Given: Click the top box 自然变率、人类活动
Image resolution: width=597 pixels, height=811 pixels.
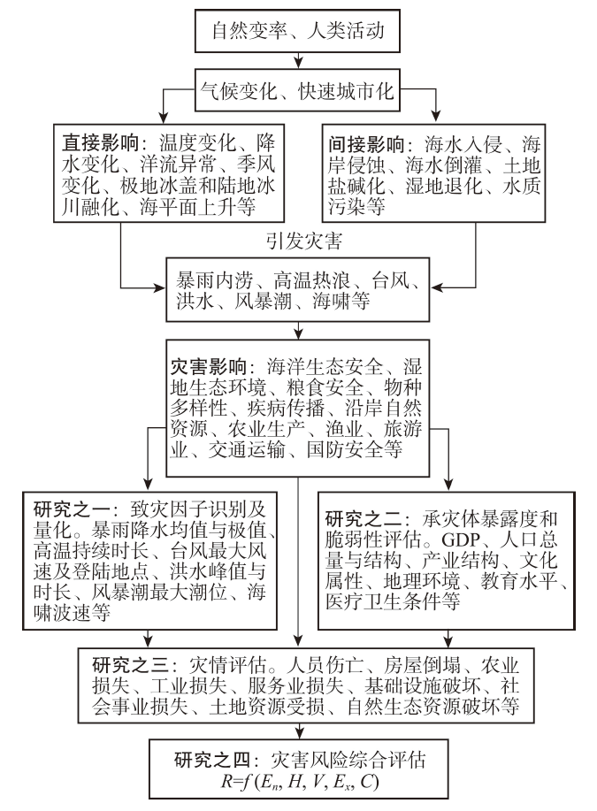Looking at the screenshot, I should coord(298,34).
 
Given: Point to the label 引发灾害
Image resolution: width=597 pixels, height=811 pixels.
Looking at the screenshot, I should coord(298,238).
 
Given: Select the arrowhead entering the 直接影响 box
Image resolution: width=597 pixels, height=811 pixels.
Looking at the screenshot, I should coord(165,116).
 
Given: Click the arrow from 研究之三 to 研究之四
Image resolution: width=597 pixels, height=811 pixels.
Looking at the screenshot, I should coord(299,728).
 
